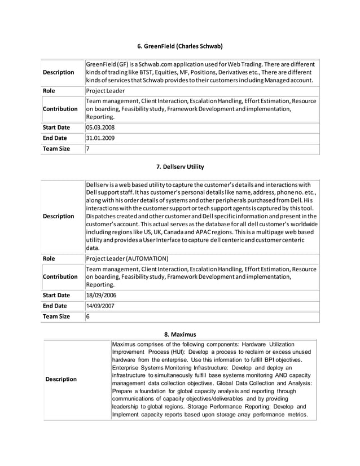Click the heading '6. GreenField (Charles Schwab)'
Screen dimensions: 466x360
(x=180, y=45)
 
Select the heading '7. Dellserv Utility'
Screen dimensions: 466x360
(x=180, y=166)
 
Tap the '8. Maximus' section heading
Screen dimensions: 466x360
(x=180, y=334)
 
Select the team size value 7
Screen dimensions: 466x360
(x=88, y=149)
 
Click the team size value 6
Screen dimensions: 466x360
(x=88, y=316)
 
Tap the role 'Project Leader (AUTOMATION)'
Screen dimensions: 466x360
(x=127, y=258)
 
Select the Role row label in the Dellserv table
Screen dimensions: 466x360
(x=50, y=258)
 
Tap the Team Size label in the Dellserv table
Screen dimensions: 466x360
(x=56, y=316)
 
